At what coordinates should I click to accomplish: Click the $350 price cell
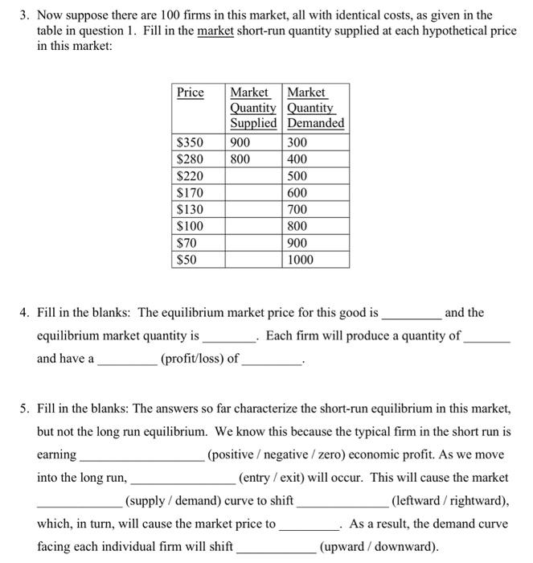[x=190, y=142]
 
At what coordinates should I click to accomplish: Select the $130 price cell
[x=190, y=209]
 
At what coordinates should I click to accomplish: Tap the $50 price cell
[x=187, y=260]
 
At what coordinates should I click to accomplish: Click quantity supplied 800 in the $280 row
[x=240, y=159]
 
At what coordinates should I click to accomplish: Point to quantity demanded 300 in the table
[x=297, y=142]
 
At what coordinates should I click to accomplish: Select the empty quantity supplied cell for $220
[x=253, y=176]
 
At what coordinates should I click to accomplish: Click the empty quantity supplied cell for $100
[x=253, y=226]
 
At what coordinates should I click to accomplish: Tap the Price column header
[x=191, y=92]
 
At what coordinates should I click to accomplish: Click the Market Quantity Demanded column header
[x=316, y=108]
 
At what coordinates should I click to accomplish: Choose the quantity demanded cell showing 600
[x=297, y=193]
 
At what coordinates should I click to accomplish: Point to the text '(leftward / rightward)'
[x=449, y=501]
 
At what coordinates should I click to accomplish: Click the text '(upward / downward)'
[x=379, y=547]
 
